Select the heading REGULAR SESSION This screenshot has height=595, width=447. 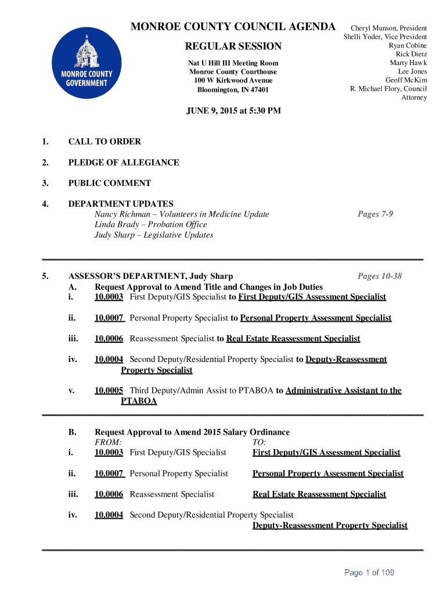coord(233,46)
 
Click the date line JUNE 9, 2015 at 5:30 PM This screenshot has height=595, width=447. coord(233,110)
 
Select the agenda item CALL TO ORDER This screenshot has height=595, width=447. coord(104,142)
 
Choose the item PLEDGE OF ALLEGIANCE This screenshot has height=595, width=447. coord(124,163)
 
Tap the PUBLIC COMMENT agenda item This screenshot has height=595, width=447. coord(110,184)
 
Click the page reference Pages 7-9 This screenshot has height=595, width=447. coord(375,214)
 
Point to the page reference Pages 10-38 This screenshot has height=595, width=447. coord(380,277)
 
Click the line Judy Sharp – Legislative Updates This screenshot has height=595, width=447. coord(154,235)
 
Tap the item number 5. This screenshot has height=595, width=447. coord(45,277)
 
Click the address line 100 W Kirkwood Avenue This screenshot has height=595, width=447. coord(233,80)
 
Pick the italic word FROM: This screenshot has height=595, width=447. coord(108,442)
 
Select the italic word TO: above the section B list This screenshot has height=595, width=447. coord(259,442)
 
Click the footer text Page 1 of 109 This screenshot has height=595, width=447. coord(369,573)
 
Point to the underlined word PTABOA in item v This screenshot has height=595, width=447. coord(139,402)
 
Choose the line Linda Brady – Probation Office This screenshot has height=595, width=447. coord(151,225)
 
